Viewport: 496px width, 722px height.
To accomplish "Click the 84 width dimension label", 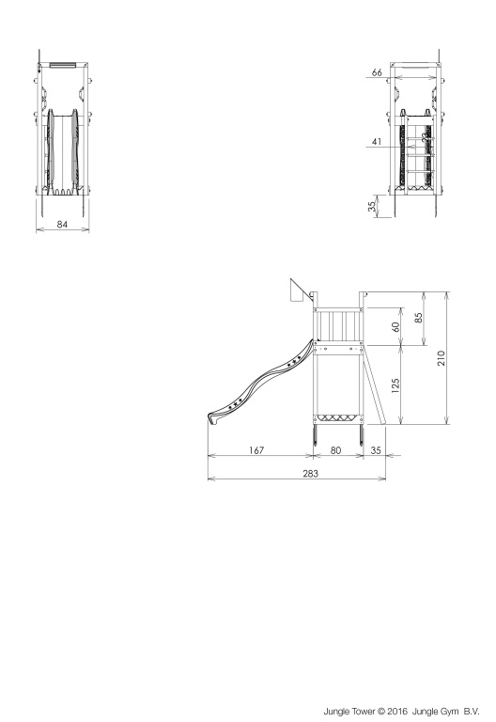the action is pyautogui.click(x=62, y=225).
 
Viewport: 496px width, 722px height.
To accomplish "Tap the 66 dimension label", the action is pyautogui.click(x=377, y=72).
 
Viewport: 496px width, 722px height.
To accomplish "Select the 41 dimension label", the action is pyautogui.click(x=377, y=141).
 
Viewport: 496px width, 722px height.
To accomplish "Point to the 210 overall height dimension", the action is pyautogui.click(x=442, y=358).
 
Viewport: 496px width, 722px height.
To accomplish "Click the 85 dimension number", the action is pyautogui.click(x=418, y=318).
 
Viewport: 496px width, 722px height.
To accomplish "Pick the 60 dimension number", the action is pyautogui.click(x=395, y=326).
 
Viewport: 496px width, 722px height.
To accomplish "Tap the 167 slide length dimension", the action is pyautogui.click(x=256, y=450).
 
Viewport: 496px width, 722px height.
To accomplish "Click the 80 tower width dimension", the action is pyautogui.click(x=336, y=450).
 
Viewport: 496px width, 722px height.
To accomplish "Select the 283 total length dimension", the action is pyautogui.click(x=310, y=474).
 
